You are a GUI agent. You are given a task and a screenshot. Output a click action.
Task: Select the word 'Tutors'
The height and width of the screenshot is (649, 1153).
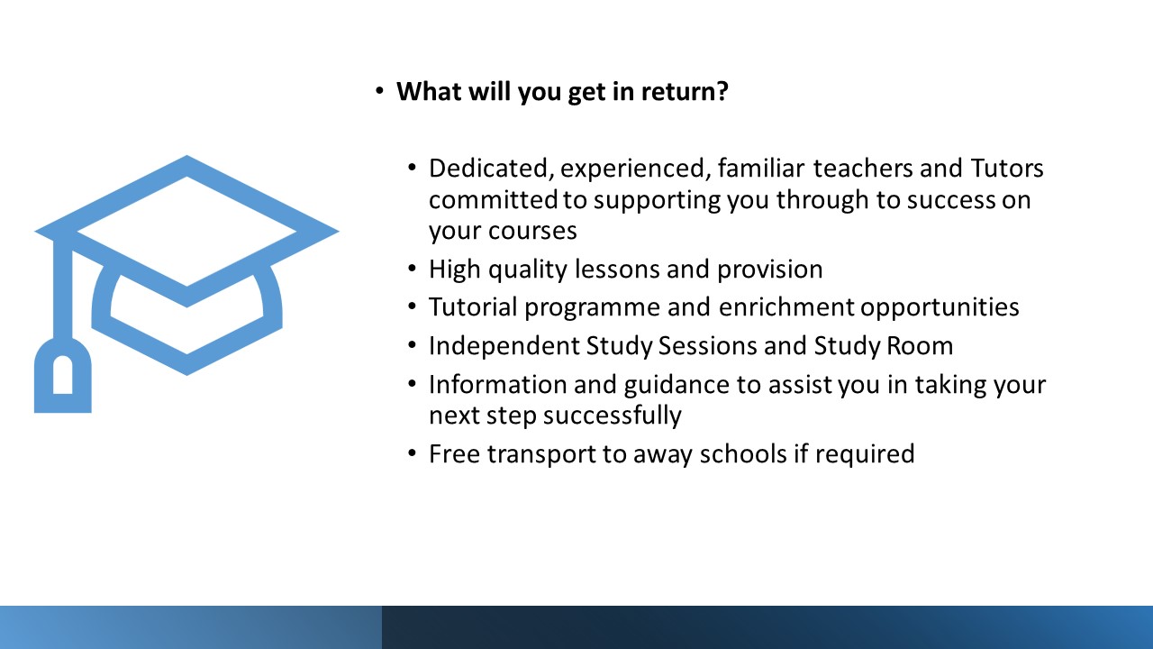pos(1007,169)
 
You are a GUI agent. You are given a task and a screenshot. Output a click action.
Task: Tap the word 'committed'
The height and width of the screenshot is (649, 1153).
pos(493,200)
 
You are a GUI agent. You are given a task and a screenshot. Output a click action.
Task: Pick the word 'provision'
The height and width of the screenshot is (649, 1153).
pos(769,270)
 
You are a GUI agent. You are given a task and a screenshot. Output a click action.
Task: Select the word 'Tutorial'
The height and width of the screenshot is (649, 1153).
pos(473,307)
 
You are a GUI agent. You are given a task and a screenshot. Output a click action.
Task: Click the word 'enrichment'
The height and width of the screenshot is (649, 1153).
pos(786,307)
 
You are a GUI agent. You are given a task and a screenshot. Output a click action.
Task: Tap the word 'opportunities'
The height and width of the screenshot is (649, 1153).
pos(940,308)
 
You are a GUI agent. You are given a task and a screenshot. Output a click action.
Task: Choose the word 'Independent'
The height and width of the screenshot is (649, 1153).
pos(504,346)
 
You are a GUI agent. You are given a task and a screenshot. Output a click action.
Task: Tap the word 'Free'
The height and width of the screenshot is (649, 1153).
pos(455,454)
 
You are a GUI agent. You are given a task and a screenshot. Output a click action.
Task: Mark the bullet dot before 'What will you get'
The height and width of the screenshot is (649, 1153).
pos(379,92)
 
